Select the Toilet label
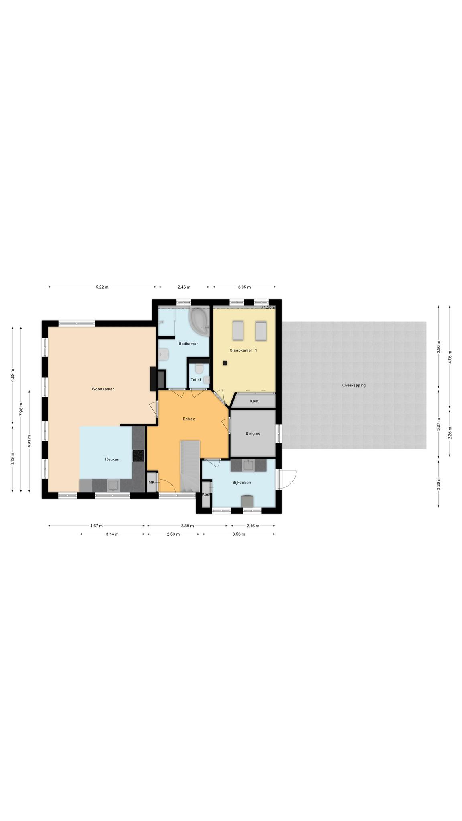(x=196, y=379)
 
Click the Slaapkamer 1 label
(x=243, y=350)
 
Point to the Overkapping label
(x=354, y=385)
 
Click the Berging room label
(x=253, y=433)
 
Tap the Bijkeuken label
(x=241, y=482)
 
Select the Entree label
(x=189, y=419)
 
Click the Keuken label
(x=112, y=459)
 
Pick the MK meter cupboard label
(x=151, y=482)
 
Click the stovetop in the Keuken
(x=138, y=456)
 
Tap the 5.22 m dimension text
(x=102, y=287)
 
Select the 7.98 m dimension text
(x=21, y=410)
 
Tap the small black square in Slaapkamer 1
(x=225, y=363)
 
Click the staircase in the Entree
(x=190, y=466)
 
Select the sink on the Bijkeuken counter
(x=249, y=465)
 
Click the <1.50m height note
(x=268, y=307)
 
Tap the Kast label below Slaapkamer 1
(x=254, y=401)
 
